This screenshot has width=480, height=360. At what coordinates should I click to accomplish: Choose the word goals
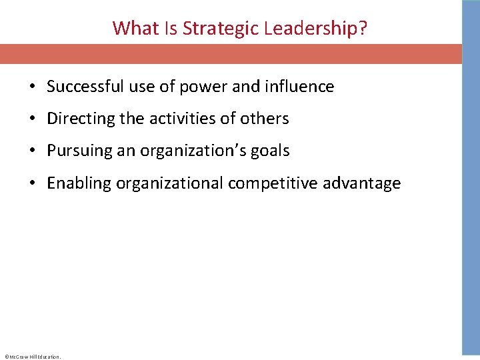point(271,151)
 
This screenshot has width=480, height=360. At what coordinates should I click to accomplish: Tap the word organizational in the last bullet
point(170,183)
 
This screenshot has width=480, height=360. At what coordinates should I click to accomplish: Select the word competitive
point(273,183)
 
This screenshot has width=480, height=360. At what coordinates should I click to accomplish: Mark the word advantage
point(362,183)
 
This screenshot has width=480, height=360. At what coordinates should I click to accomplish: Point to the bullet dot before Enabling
point(32,184)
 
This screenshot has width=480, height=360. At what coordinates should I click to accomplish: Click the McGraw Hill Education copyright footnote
point(32,357)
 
